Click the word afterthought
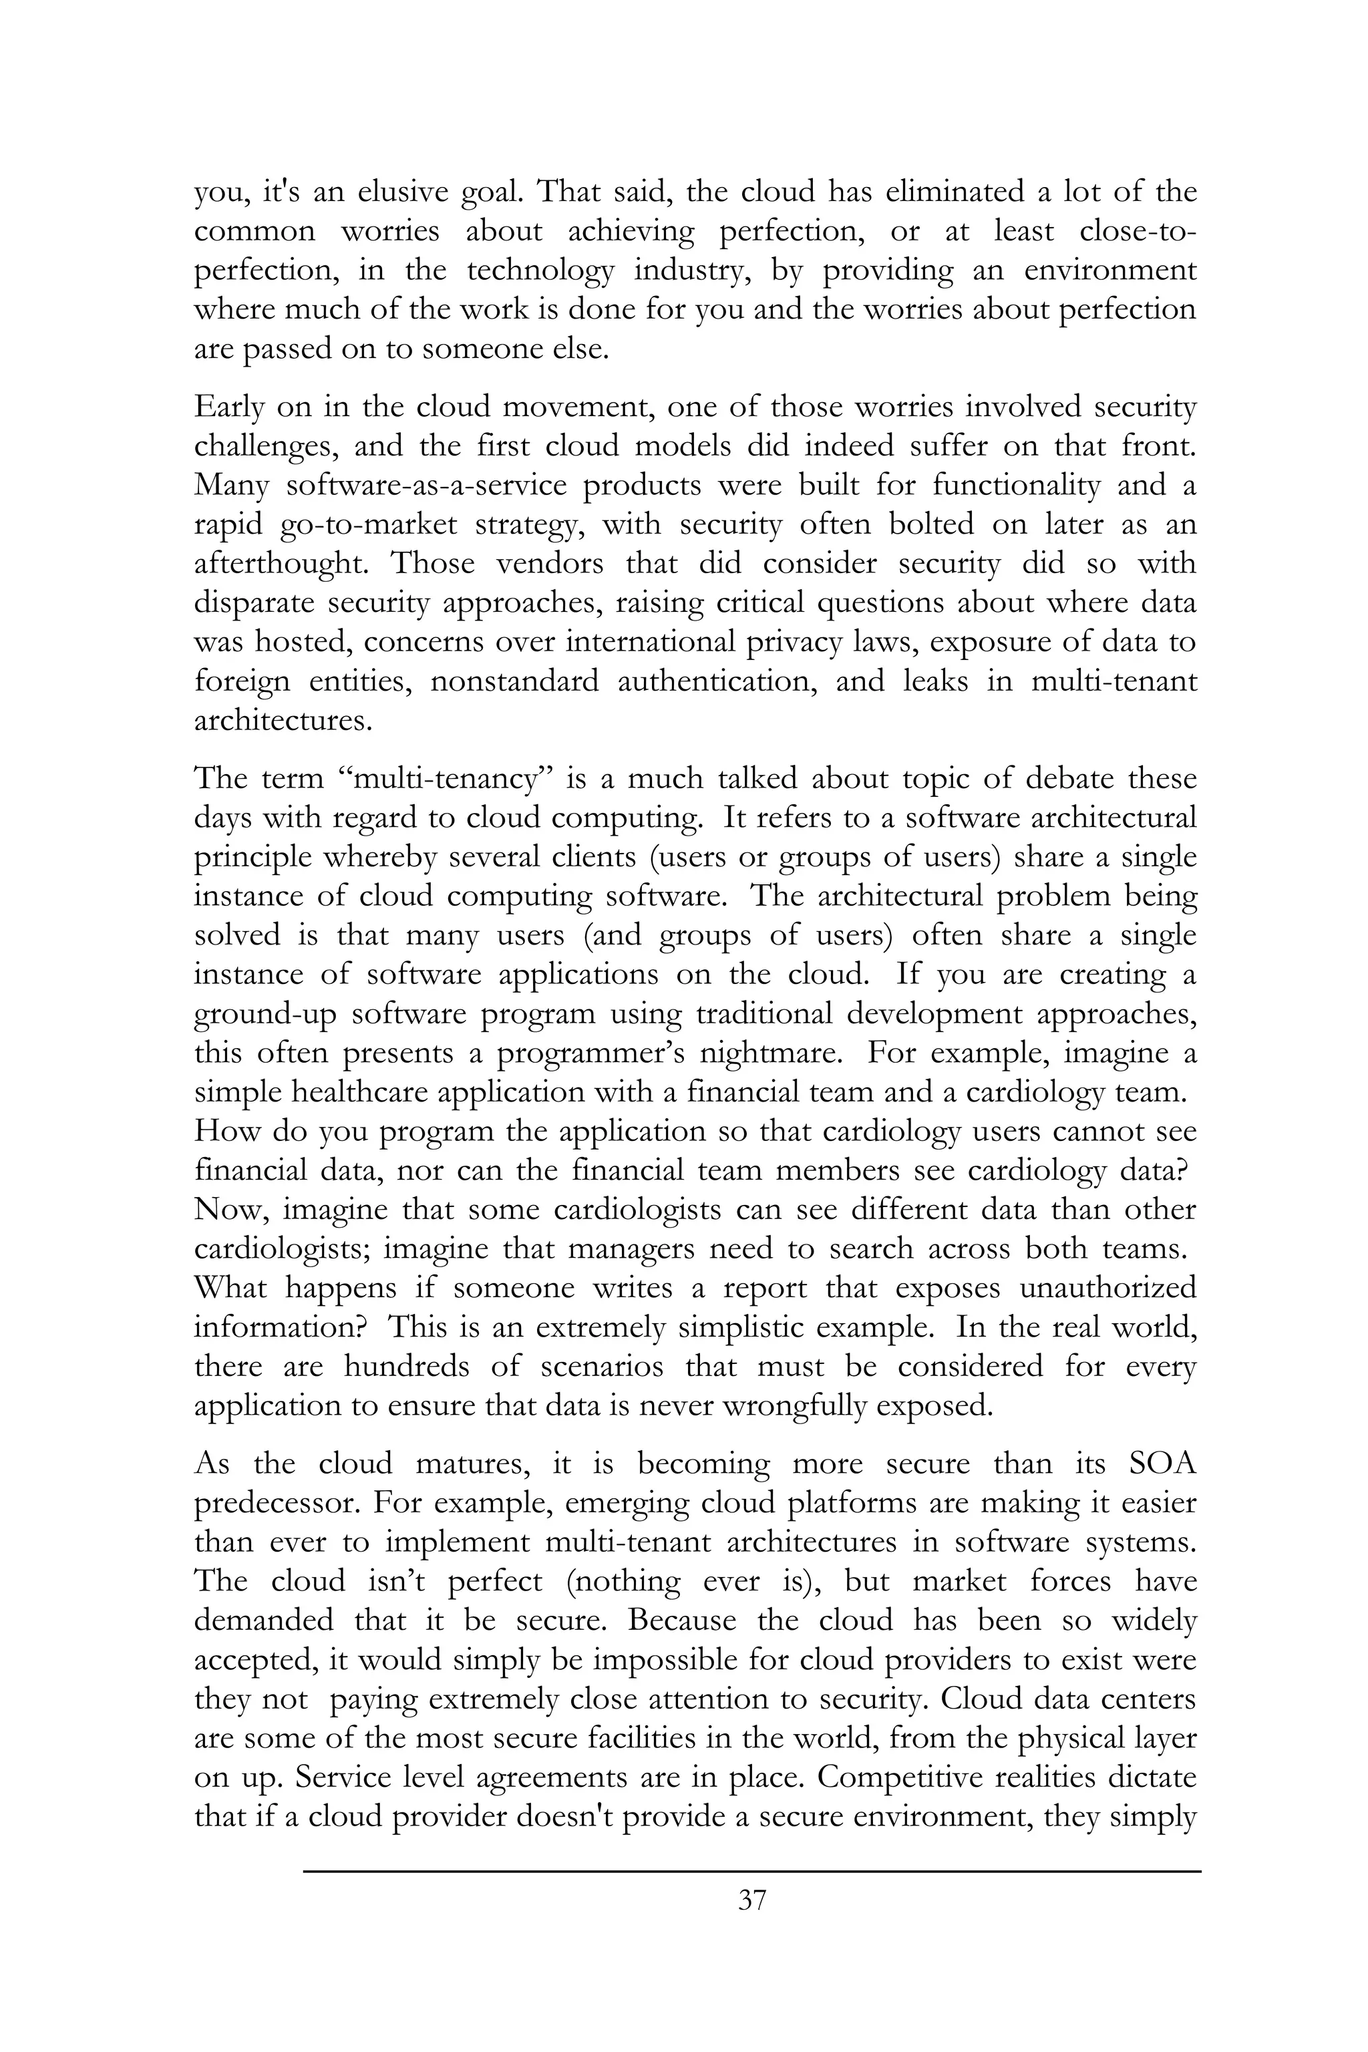(280, 564)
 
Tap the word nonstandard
(514, 681)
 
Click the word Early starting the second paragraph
(227, 407)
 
